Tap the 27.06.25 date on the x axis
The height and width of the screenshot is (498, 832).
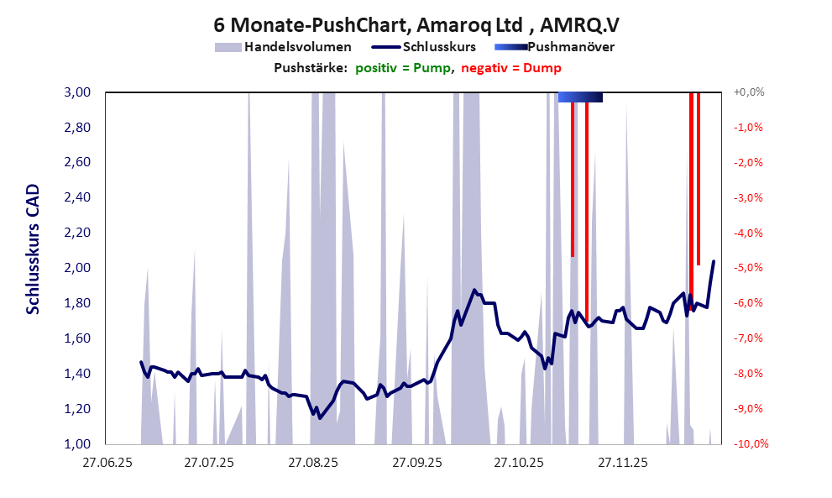click(105, 462)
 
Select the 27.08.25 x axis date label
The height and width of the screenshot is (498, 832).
click(312, 462)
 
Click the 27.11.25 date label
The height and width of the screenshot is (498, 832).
click(622, 462)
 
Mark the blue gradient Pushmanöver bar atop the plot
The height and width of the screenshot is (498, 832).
click(580, 97)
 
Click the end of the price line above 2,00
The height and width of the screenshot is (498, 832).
click(714, 261)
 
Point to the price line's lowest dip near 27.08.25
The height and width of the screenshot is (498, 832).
click(319, 417)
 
